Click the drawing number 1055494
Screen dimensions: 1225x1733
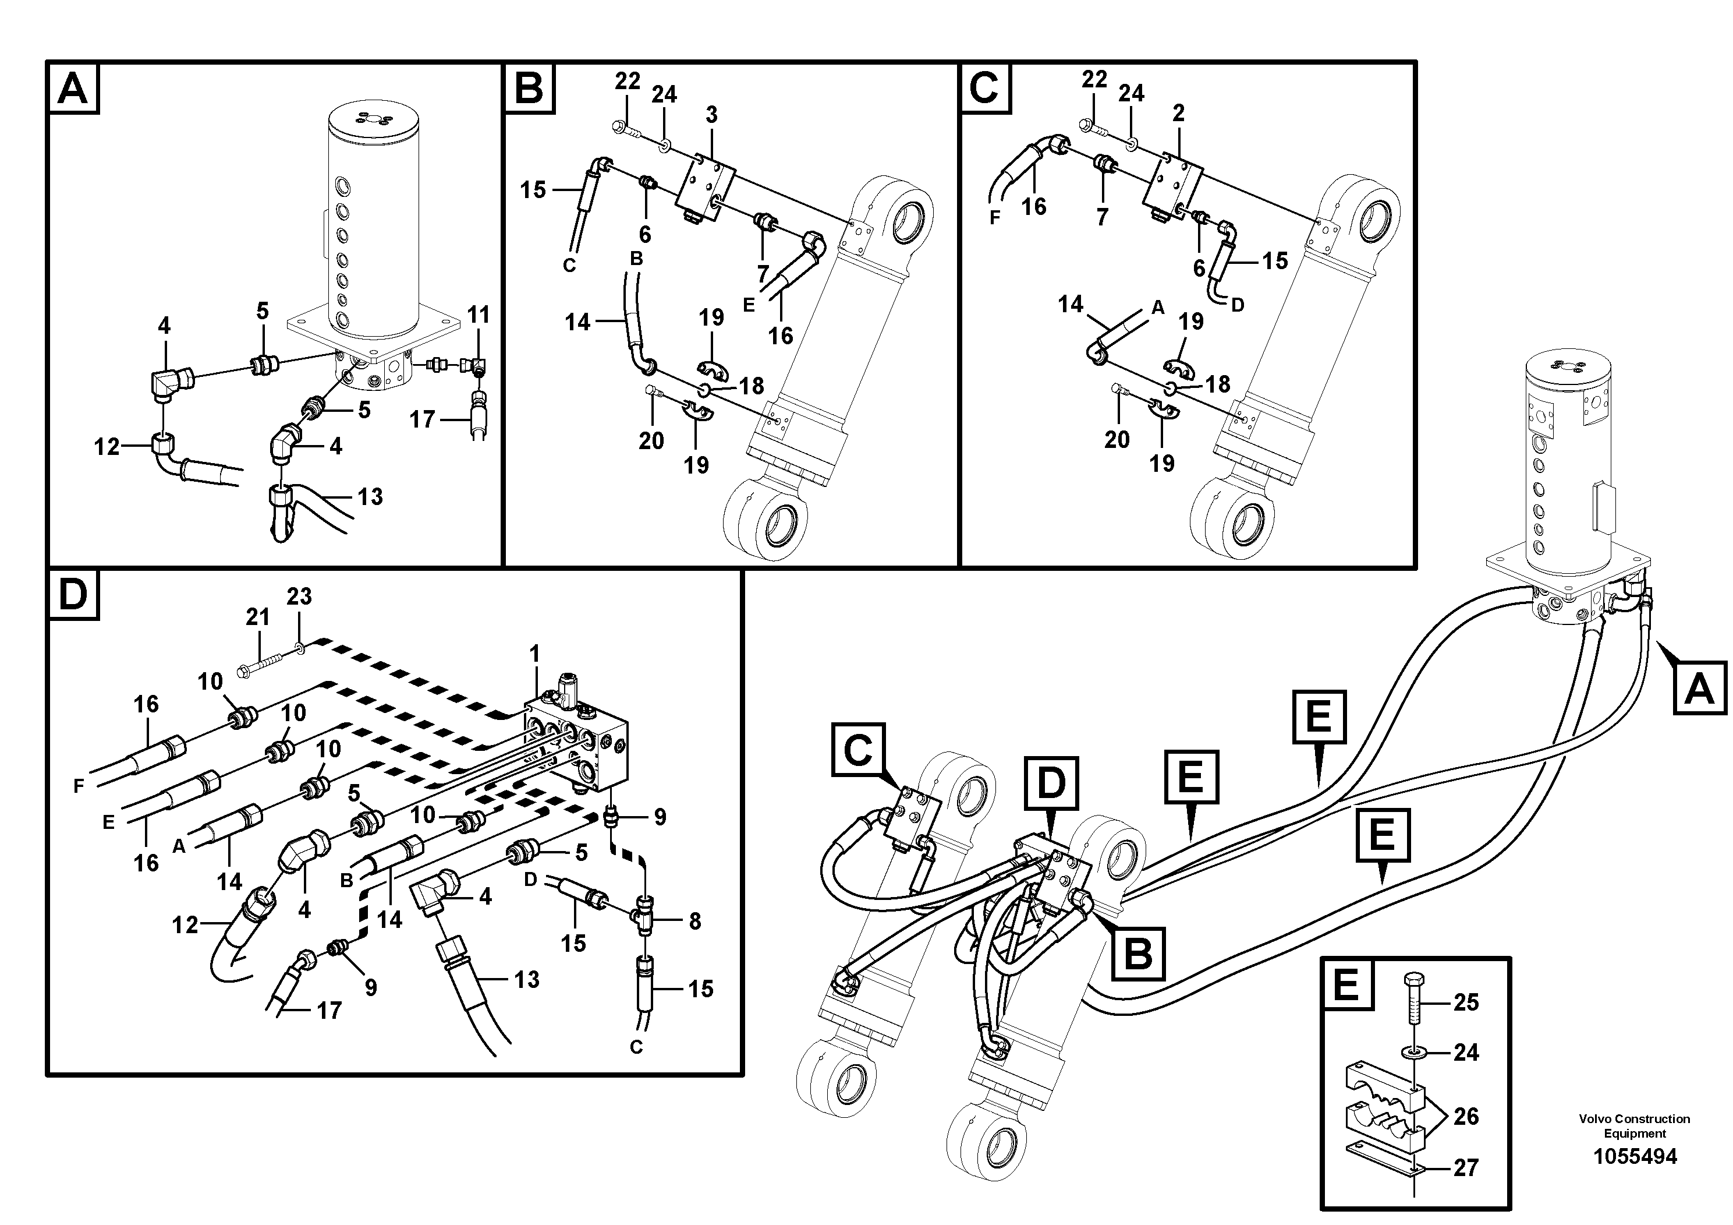click(1634, 1156)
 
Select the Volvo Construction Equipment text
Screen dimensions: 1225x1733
click(1634, 1126)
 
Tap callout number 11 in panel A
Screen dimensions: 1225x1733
click(479, 314)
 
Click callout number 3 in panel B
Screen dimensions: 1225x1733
click(711, 115)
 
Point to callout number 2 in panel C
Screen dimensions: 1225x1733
click(1178, 113)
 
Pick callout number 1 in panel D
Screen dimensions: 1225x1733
click(534, 654)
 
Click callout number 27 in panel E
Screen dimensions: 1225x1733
click(1465, 1167)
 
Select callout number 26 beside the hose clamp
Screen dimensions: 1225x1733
click(1465, 1116)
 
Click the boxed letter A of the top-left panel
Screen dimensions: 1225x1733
click(73, 89)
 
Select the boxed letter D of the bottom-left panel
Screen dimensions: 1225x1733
click(73, 595)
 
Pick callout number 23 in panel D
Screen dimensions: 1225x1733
click(299, 596)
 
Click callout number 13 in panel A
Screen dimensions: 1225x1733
click(370, 497)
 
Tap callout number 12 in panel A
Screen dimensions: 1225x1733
click(107, 447)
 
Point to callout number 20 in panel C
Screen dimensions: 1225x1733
click(1117, 440)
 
